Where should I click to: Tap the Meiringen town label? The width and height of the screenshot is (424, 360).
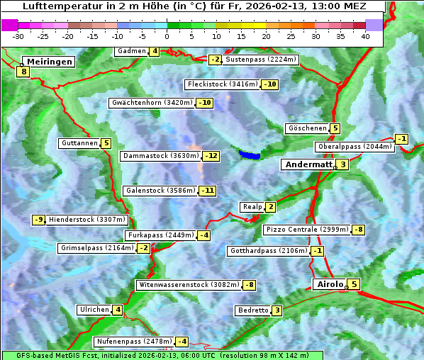tap(48, 62)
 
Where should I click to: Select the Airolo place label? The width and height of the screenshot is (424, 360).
tap(330, 284)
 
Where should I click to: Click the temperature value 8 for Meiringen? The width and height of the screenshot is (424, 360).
tap(23, 72)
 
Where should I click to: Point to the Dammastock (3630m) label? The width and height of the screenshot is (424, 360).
tap(160, 156)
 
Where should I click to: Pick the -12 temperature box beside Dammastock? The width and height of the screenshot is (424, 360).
tap(211, 156)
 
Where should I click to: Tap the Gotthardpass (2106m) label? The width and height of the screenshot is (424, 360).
tap(268, 251)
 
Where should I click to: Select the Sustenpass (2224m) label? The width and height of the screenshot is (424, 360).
tap(261, 60)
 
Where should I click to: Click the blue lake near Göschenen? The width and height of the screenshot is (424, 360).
tap(250, 154)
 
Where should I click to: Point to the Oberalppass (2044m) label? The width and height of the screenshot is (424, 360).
tap(354, 147)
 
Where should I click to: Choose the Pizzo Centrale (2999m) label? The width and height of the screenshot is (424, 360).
tap(306, 230)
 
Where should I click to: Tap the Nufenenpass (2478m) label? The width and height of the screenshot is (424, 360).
tap(133, 341)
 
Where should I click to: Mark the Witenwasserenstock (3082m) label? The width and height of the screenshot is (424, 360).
tap(188, 285)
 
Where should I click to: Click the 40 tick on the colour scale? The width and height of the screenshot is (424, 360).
tap(365, 36)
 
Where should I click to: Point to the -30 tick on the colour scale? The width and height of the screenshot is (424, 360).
tap(18, 36)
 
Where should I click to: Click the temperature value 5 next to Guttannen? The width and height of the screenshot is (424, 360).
tap(106, 143)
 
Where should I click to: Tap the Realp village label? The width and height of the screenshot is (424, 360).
tap(252, 207)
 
